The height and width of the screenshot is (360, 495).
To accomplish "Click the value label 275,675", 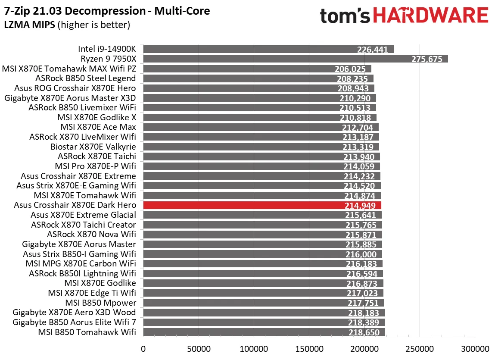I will point(427,59).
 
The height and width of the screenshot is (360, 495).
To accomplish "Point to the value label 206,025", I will point(350,69).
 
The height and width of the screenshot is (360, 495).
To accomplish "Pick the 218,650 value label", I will point(364,332).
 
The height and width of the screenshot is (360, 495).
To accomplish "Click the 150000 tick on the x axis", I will point(309,348).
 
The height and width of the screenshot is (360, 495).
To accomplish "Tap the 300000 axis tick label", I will point(475,348).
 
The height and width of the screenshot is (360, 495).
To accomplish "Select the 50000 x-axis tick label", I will point(198,348).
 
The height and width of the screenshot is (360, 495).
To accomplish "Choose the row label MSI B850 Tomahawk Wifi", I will point(87,332).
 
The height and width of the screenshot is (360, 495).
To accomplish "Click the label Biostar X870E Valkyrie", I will point(93,147).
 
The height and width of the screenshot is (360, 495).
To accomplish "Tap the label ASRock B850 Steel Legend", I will point(86,78).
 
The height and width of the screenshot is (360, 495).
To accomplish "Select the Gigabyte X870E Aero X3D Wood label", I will point(74,313).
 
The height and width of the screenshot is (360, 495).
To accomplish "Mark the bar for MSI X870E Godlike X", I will point(258,117).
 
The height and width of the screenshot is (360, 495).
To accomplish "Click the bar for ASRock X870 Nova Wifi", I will point(258,235).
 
